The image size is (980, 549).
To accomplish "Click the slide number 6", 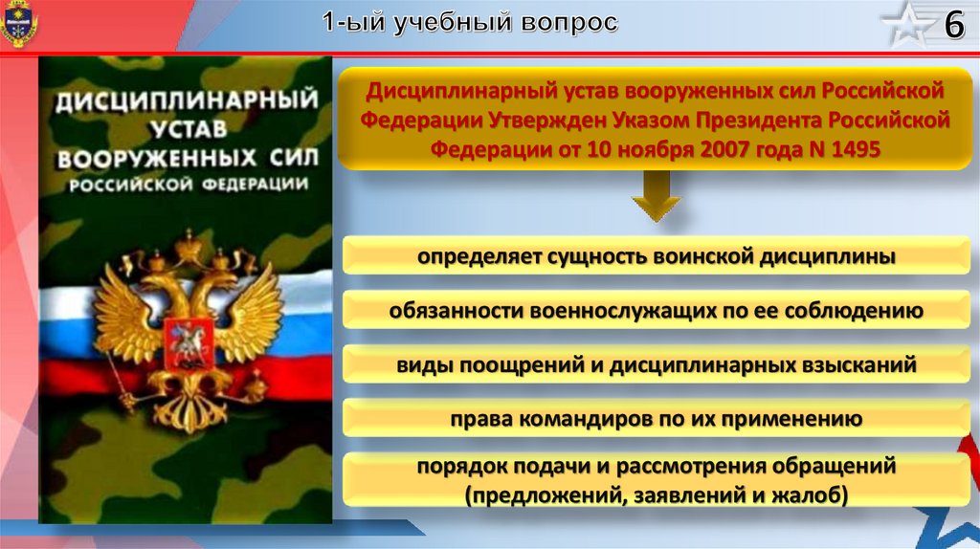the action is coord(954,25).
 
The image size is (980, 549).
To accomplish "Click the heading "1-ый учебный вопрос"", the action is coord(470,23).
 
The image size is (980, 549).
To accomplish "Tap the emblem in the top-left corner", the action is coord(19,24).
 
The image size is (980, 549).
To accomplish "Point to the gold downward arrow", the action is coord(656,196).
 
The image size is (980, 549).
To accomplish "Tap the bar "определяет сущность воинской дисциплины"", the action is coord(656,256).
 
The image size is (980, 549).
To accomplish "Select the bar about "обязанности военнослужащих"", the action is coord(656,310).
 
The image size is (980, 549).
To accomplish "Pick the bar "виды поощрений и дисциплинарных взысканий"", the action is coord(656,364).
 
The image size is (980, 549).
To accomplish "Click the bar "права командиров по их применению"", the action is coord(656,418).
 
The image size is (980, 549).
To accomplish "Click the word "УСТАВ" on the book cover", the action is coord(189,129).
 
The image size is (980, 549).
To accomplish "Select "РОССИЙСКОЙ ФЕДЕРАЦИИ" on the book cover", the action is coord(189,185).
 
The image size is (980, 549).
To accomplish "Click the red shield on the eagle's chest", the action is coord(189,343).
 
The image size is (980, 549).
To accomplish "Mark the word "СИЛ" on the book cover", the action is coord(294,158).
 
